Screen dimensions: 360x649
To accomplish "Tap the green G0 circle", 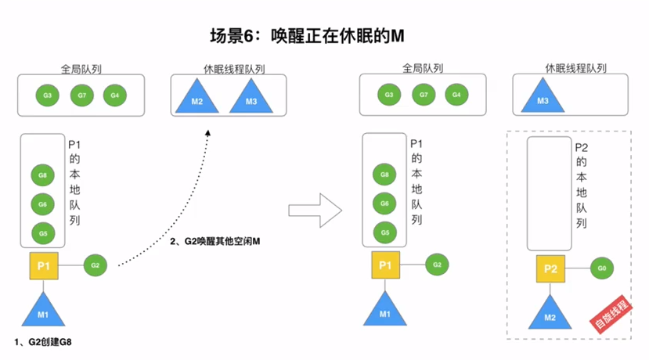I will coord(601,268).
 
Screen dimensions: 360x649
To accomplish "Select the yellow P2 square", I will coord(550,269).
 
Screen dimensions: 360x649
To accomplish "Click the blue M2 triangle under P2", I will coord(550,315).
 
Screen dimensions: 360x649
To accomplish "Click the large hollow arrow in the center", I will coord(315,210).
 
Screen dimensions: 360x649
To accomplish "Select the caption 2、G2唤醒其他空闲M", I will coord(215,241).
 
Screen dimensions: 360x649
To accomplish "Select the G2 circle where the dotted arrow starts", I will coord(95,265).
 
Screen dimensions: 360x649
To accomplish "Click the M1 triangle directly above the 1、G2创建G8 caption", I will coord(44,312).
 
